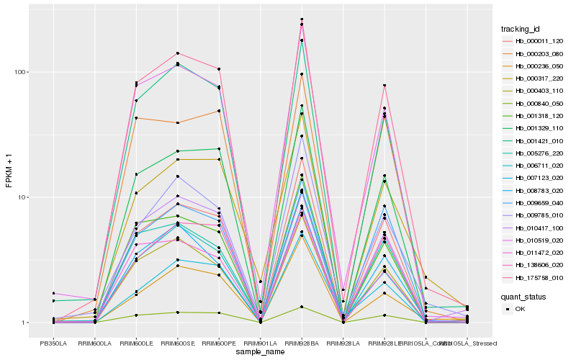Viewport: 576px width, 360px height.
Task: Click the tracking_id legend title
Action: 521,29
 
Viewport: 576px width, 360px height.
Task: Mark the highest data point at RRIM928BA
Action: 302,19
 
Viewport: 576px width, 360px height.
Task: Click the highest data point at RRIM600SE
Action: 177,53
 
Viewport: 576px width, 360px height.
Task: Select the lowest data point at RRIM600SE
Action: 177,312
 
